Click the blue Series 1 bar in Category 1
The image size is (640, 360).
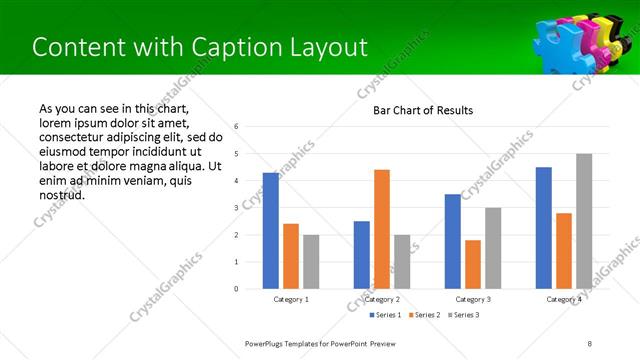pyautogui.click(x=270, y=231)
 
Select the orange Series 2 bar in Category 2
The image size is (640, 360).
pyautogui.click(x=382, y=229)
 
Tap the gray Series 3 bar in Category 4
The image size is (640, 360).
pyautogui.click(x=584, y=221)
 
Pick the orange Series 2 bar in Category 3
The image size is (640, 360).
pyautogui.click(x=473, y=264)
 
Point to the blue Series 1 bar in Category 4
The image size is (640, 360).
pyautogui.click(x=543, y=228)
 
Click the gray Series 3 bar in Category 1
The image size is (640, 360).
pyautogui.click(x=311, y=262)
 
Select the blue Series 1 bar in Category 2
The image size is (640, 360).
pyautogui.click(x=361, y=255)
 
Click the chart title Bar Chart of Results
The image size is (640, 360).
pyautogui.click(x=423, y=110)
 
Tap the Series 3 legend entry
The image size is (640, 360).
pyautogui.click(x=464, y=315)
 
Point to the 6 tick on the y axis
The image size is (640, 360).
pyautogui.click(x=236, y=127)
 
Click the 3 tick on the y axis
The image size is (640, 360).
pyautogui.click(x=236, y=208)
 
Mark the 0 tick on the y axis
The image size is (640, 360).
pyautogui.click(x=236, y=289)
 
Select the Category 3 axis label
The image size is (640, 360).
pyautogui.click(x=473, y=299)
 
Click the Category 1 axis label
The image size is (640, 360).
pyautogui.click(x=291, y=299)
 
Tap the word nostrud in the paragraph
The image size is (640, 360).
pyautogui.click(x=60, y=194)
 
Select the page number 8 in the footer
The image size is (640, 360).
pyautogui.click(x=590, y=343)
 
